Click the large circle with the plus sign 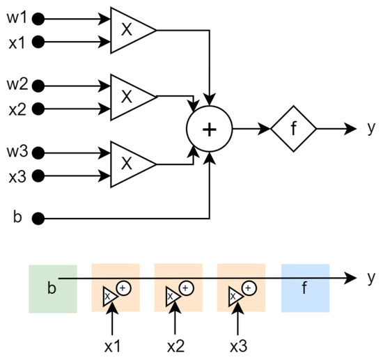tap(209, 130)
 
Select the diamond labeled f tap(293, 129)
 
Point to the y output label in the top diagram tap(369, 130)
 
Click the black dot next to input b tap(39, 219)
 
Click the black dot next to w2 tap(39, 86)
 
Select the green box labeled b tap(52, 288)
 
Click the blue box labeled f tap(305, 288)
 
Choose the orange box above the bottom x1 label tap(116, 288)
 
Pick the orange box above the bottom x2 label tap(178, 288)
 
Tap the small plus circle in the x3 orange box tap(250, 286)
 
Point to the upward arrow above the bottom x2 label tap(175, 319)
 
